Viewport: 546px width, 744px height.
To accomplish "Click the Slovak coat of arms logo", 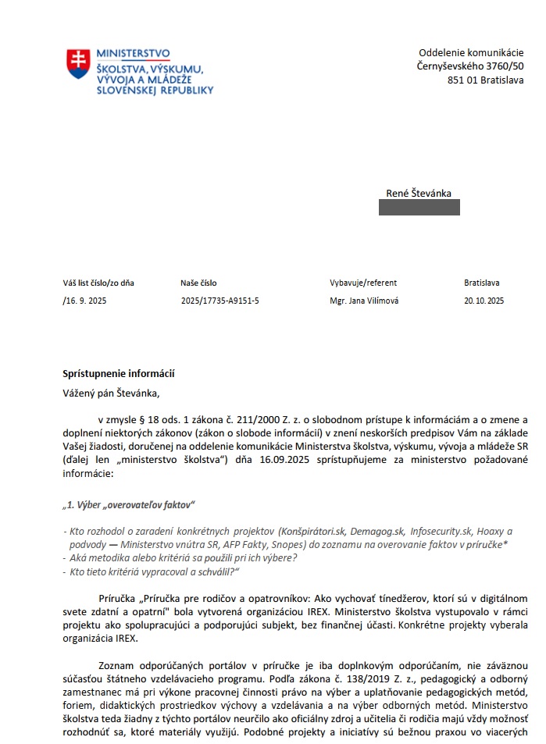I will [x=78, y=63].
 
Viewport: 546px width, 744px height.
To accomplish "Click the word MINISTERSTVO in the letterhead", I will [x=133, y=53].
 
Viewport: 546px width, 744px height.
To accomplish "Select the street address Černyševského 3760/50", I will [x=470, y=66].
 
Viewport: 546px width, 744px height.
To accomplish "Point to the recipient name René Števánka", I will [x=419, y=194].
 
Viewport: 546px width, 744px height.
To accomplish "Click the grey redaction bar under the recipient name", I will [x=419, y=208].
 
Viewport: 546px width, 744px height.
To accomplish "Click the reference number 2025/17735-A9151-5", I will [x=219, y=301].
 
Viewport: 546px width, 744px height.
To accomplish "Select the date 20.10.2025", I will [x=484, y=301].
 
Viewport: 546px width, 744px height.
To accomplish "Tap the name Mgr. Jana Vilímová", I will [x=364, y=301].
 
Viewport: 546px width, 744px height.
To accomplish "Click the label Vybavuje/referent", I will [x=363, y=283].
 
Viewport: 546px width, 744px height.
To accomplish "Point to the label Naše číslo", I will [x=198, y=283].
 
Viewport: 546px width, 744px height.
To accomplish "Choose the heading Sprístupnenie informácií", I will [x=118, y=373].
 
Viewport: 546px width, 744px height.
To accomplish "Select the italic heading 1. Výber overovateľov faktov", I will [x=129, y=504].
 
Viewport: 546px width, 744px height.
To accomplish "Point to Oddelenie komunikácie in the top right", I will [x=471, y=52].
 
